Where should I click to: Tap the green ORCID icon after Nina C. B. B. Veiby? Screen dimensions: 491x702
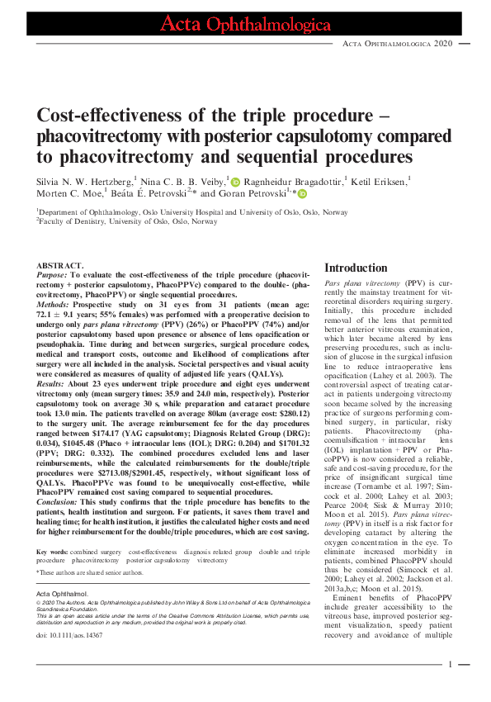click(234, 180)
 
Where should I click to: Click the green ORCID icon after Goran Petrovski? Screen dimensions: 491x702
click(301, 195)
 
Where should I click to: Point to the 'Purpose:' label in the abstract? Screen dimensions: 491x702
click(54, 275)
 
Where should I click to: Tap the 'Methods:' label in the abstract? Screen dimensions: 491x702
click(55, 305)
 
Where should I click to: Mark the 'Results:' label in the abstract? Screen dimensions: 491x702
click(54, 384)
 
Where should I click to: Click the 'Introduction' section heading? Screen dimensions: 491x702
click(356, 268)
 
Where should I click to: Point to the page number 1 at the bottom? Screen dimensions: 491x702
click(451, 664)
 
